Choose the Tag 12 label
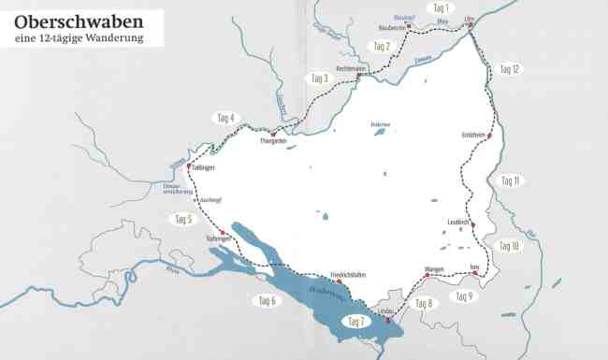[x=510, y=69]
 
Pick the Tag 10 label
[x=509, y=246]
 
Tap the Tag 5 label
[x=183, y=220]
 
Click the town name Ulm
[x=470, y=19]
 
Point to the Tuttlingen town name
[x=202, y=168]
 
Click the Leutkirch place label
[x=459, y=222]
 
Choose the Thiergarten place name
[x=272, y=140]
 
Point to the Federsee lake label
[x=378, y=122]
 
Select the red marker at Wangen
[x=427, y=276]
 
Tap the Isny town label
[x=474, y=268]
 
